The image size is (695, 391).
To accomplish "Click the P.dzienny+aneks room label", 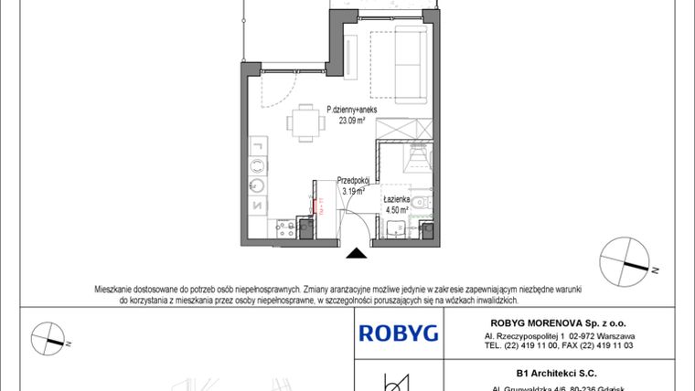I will pos(352,108).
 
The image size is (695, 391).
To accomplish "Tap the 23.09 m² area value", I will pos(352,118).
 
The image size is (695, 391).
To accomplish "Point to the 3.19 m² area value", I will pos(352,192).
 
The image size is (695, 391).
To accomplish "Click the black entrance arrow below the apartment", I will pos(357,252).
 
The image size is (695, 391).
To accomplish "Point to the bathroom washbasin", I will pos(397,229).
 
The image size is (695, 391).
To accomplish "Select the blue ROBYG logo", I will pos(398,333).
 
